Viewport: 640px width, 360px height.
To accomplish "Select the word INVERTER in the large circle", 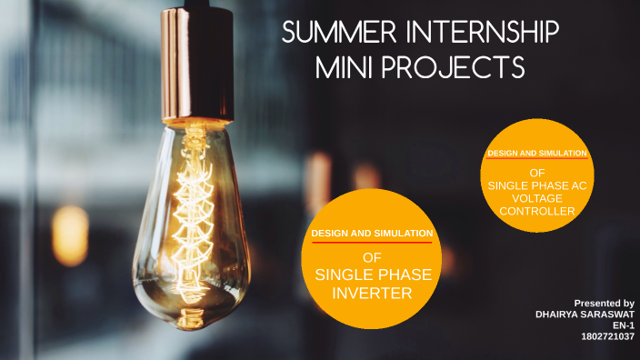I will [371, 293].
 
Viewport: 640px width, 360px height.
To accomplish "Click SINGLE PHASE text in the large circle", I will [371, 275].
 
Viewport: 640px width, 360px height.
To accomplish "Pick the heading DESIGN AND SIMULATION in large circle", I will [371, 234].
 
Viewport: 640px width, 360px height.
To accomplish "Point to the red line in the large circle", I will [371, 244].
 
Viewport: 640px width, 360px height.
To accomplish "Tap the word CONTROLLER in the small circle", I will [537, 211].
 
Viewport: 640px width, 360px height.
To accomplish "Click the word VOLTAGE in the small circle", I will [537, 198].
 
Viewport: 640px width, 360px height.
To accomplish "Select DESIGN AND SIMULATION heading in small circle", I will [537, 154].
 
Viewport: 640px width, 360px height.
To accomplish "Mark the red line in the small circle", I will [537, 161].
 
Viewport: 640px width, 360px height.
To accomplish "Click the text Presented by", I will [604, 303].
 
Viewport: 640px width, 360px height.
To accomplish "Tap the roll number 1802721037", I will [607, 335].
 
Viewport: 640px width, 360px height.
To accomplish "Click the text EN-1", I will [624, 325].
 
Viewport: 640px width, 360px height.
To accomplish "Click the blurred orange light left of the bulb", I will [70, 235].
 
